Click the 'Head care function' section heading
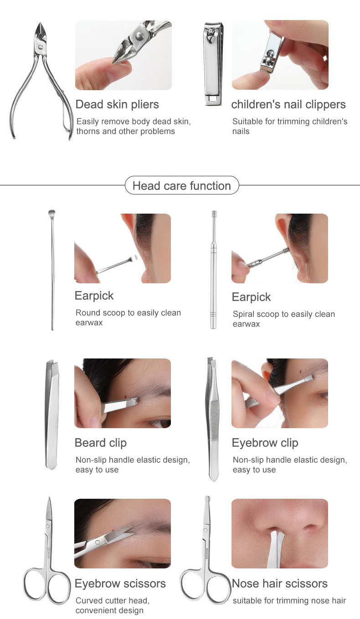[181, 186]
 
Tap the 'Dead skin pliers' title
[117, 104]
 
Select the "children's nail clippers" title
[288, 104]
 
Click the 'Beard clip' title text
[101, 443]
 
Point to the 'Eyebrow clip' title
[265, 443]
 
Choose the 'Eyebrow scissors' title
[120, 583]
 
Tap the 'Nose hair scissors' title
[280, 583]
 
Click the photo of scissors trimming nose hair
[279, 533]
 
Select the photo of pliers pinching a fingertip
[123, 55]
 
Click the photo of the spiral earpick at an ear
[279, 248]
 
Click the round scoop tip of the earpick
[51, 212]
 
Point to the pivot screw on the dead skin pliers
[41, 46]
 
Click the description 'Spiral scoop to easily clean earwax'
[283, 319]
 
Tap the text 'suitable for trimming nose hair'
[289, 601]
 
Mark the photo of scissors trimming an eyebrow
[123, 533]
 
